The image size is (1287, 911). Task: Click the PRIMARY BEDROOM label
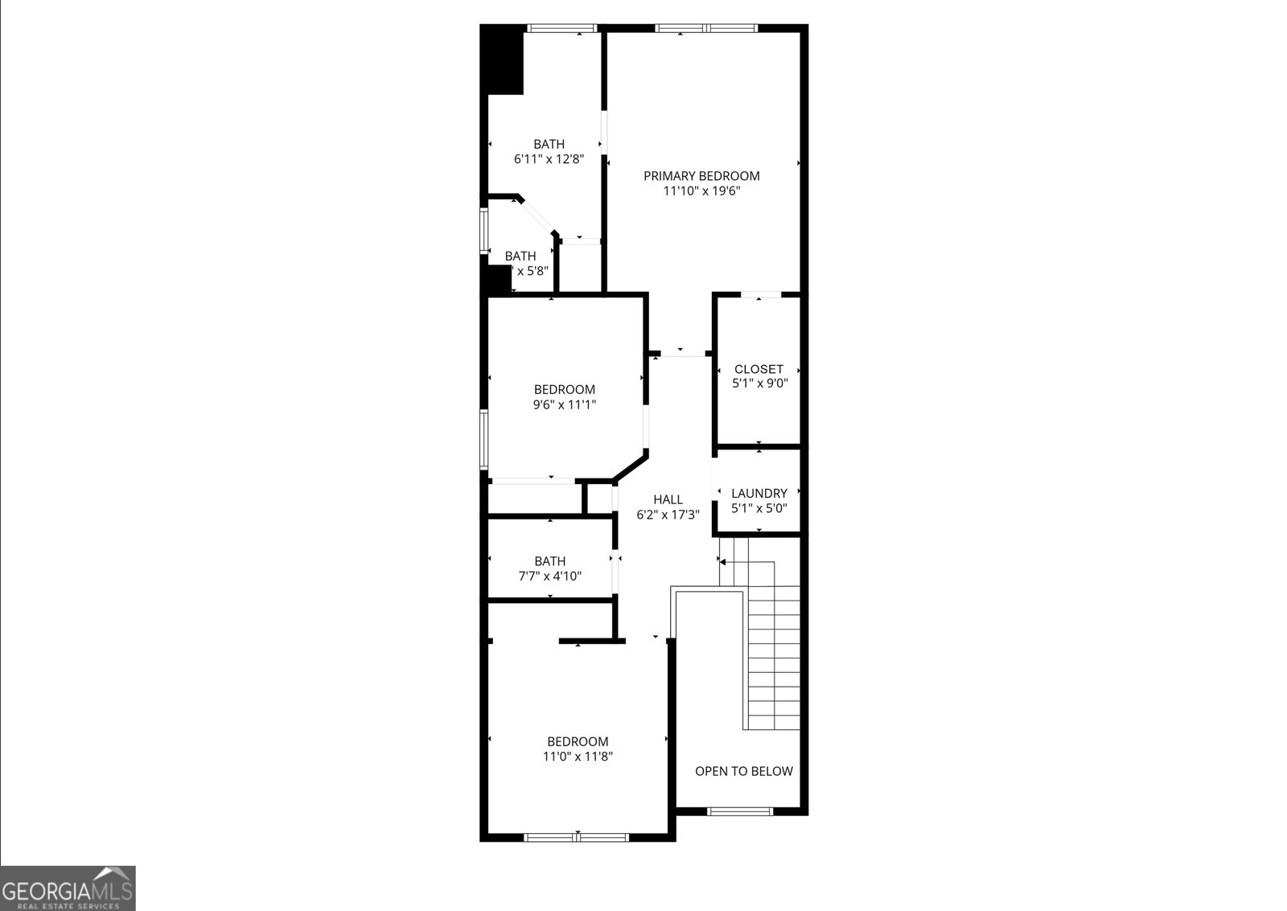click(x=701, y=176)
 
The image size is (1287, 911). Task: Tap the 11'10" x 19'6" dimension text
click(x=701, y=191)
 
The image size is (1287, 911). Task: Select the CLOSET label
click(x=759, y=369)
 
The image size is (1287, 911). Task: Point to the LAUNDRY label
click(x=759, y=494)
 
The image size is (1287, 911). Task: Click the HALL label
click(x=668, y=499)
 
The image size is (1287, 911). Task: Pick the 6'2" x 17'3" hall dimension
click(x=668, y=515)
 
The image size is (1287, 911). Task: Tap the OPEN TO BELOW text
click(x=743, y=771)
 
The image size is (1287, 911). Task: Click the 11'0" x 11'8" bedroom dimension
click(x=578, y=757)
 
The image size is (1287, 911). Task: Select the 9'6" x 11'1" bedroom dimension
click(x=564, y=405)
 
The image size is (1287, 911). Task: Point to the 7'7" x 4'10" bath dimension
click(x=549, y=576)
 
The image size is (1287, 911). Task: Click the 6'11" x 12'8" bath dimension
click(x=549, y=159)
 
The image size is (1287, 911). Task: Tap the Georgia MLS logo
click(x=68, y=888)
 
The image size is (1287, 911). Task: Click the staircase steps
click(x=774, y=643)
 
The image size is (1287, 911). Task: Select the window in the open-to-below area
click(x=739, y=811)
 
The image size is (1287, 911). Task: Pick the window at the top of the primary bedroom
click(x=705, y=29)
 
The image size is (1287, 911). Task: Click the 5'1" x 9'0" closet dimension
click(x=759, y=384)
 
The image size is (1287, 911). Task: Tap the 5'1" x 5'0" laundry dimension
click(x=759, y=508)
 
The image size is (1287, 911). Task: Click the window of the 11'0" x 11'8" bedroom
click(x=577, y=837)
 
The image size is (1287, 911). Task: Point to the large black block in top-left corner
click(x=503, y=60)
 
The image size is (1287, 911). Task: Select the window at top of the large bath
click(x=561, y=29)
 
